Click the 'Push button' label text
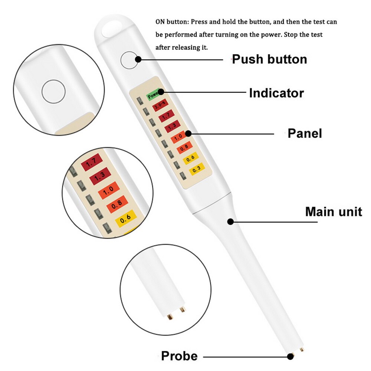tap(269, 59)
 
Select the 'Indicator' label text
tap(276, 93)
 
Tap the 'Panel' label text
tap(305, 134)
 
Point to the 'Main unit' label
tap(334, 212)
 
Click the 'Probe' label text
tap(179, 356)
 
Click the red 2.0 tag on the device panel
tap(160, 107)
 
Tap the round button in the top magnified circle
tap(53, 91)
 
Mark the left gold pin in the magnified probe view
tap(170, 316)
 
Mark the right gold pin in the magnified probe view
tap(182, 309)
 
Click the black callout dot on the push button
tap(138, 59)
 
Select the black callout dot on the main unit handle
tap(230, 222)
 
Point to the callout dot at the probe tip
tap(290, 357)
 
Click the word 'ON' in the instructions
tap(161, 22)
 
